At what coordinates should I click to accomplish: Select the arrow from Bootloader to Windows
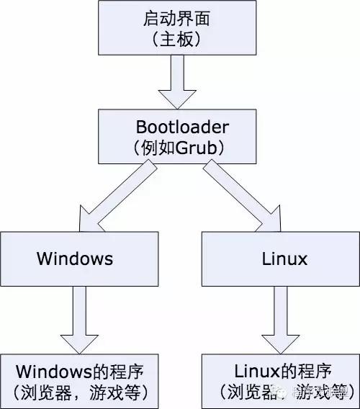(115, 191)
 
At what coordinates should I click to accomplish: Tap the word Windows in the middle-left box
(75, 259)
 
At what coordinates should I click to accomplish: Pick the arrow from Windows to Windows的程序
(75, 317)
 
